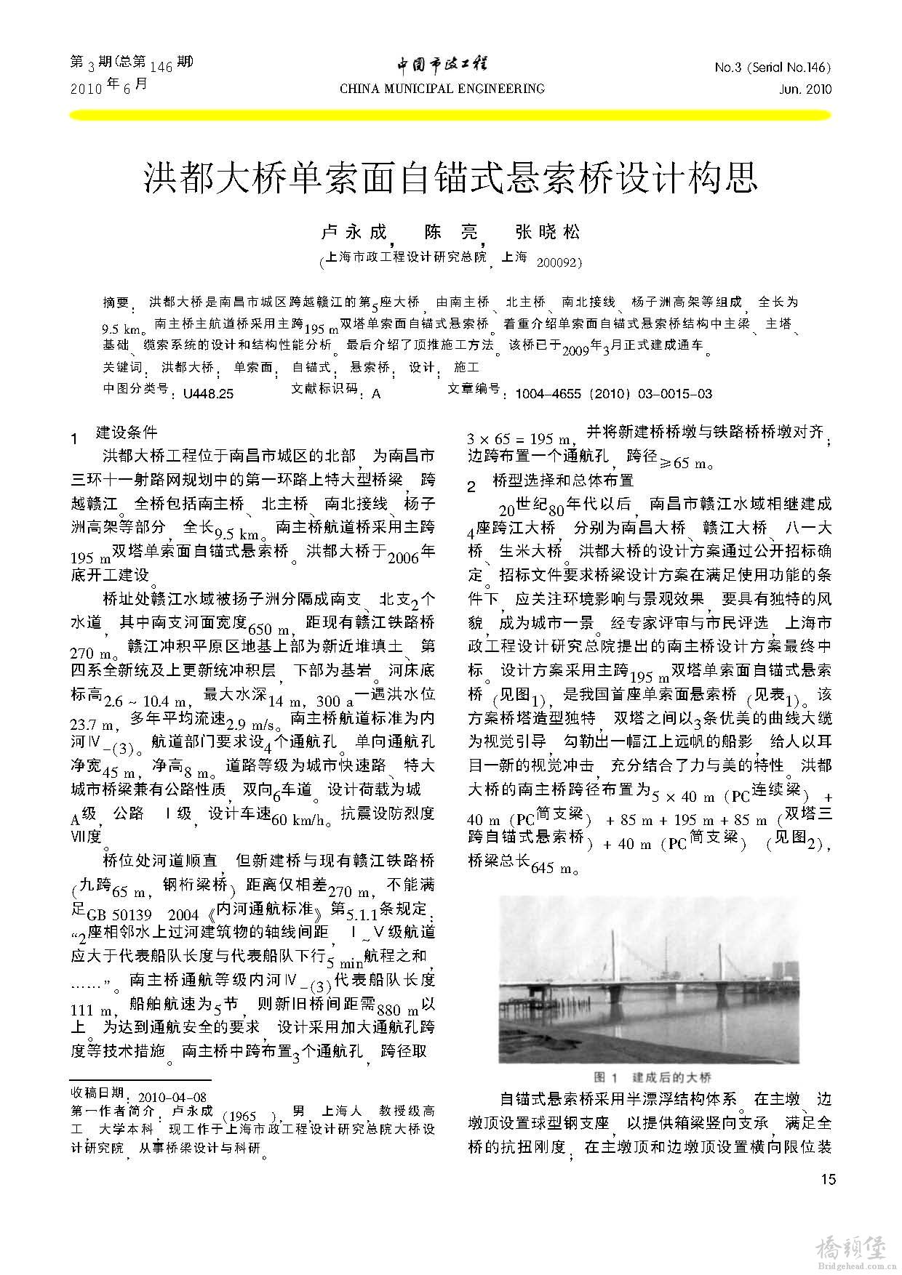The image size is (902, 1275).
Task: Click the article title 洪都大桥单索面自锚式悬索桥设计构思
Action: [451, 178]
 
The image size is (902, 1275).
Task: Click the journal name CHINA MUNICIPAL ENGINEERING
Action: [442, 89]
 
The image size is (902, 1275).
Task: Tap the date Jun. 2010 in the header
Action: [803, 89]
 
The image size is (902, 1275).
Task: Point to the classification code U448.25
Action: [208, 394]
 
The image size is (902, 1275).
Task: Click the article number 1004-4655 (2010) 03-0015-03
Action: [613, 394]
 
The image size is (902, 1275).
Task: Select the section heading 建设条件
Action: [127, 433]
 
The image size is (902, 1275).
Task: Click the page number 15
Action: [828, 1179]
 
